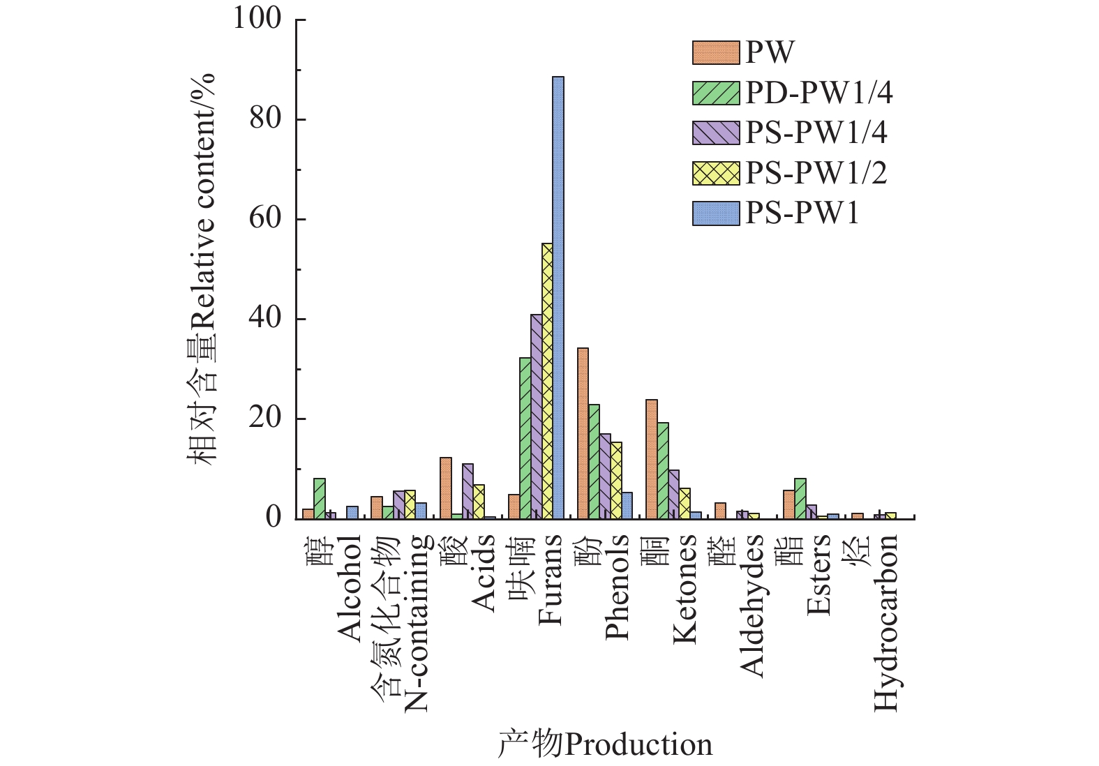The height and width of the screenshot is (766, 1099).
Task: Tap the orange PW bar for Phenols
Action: (x=583, y=433)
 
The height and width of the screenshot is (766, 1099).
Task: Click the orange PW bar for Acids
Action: (x=445, y=488)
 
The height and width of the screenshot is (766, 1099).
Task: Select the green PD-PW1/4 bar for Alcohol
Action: (x=320, y=498)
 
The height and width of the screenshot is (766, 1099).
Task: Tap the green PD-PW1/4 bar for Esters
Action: (x=800, y=498)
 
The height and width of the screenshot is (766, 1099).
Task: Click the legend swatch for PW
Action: (x=715, y=53)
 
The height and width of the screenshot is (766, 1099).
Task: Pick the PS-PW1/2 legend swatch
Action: (x=715, y=173)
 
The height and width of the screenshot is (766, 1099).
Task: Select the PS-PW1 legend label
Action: (x=802, y=213)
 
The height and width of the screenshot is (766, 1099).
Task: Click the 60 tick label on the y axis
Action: (x=265, y=218)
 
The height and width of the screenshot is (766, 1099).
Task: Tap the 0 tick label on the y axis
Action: (x=273, y=518)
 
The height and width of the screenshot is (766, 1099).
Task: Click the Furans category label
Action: (x=550, y=579)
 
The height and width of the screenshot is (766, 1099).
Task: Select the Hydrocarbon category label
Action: (x=886, y=622)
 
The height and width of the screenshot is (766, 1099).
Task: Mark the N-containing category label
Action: (x=416, y=622)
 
